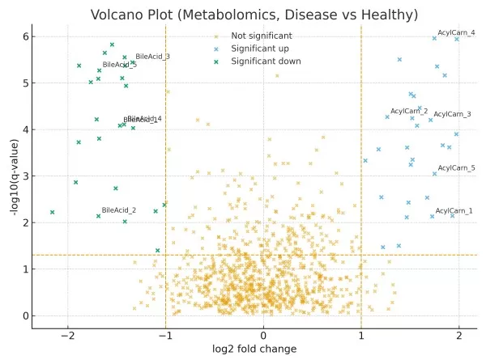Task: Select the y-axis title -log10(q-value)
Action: pyautogui.click(x=15, y=176)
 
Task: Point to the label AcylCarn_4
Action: pyautogui.click(x=456, y=33)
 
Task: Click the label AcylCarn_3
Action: pyautogui.click(x=452, y=115)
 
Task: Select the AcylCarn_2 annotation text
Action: pyautogui.click(x=409, y=111)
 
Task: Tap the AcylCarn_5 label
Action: pyautogui.click(x=456, y=168)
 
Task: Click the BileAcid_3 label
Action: pyautogui.click(x=152, y=57)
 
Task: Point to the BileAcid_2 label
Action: pyautogui.click(x=119, y=210)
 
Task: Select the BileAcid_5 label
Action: pyautogui.click(x=119, y=65)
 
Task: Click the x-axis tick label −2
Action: pyautogui.click(x=68, y=335)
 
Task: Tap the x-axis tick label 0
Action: pyautogui.click(x=263, y=335)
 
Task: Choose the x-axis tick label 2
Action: pyautogui.click(x=459, y=335)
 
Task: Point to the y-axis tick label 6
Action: pyautogui.click(x=25, y=36)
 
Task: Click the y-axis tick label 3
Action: pyautogui.click(x=25, y=176)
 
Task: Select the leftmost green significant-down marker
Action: pyautogui.click(x=52, y=212)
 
